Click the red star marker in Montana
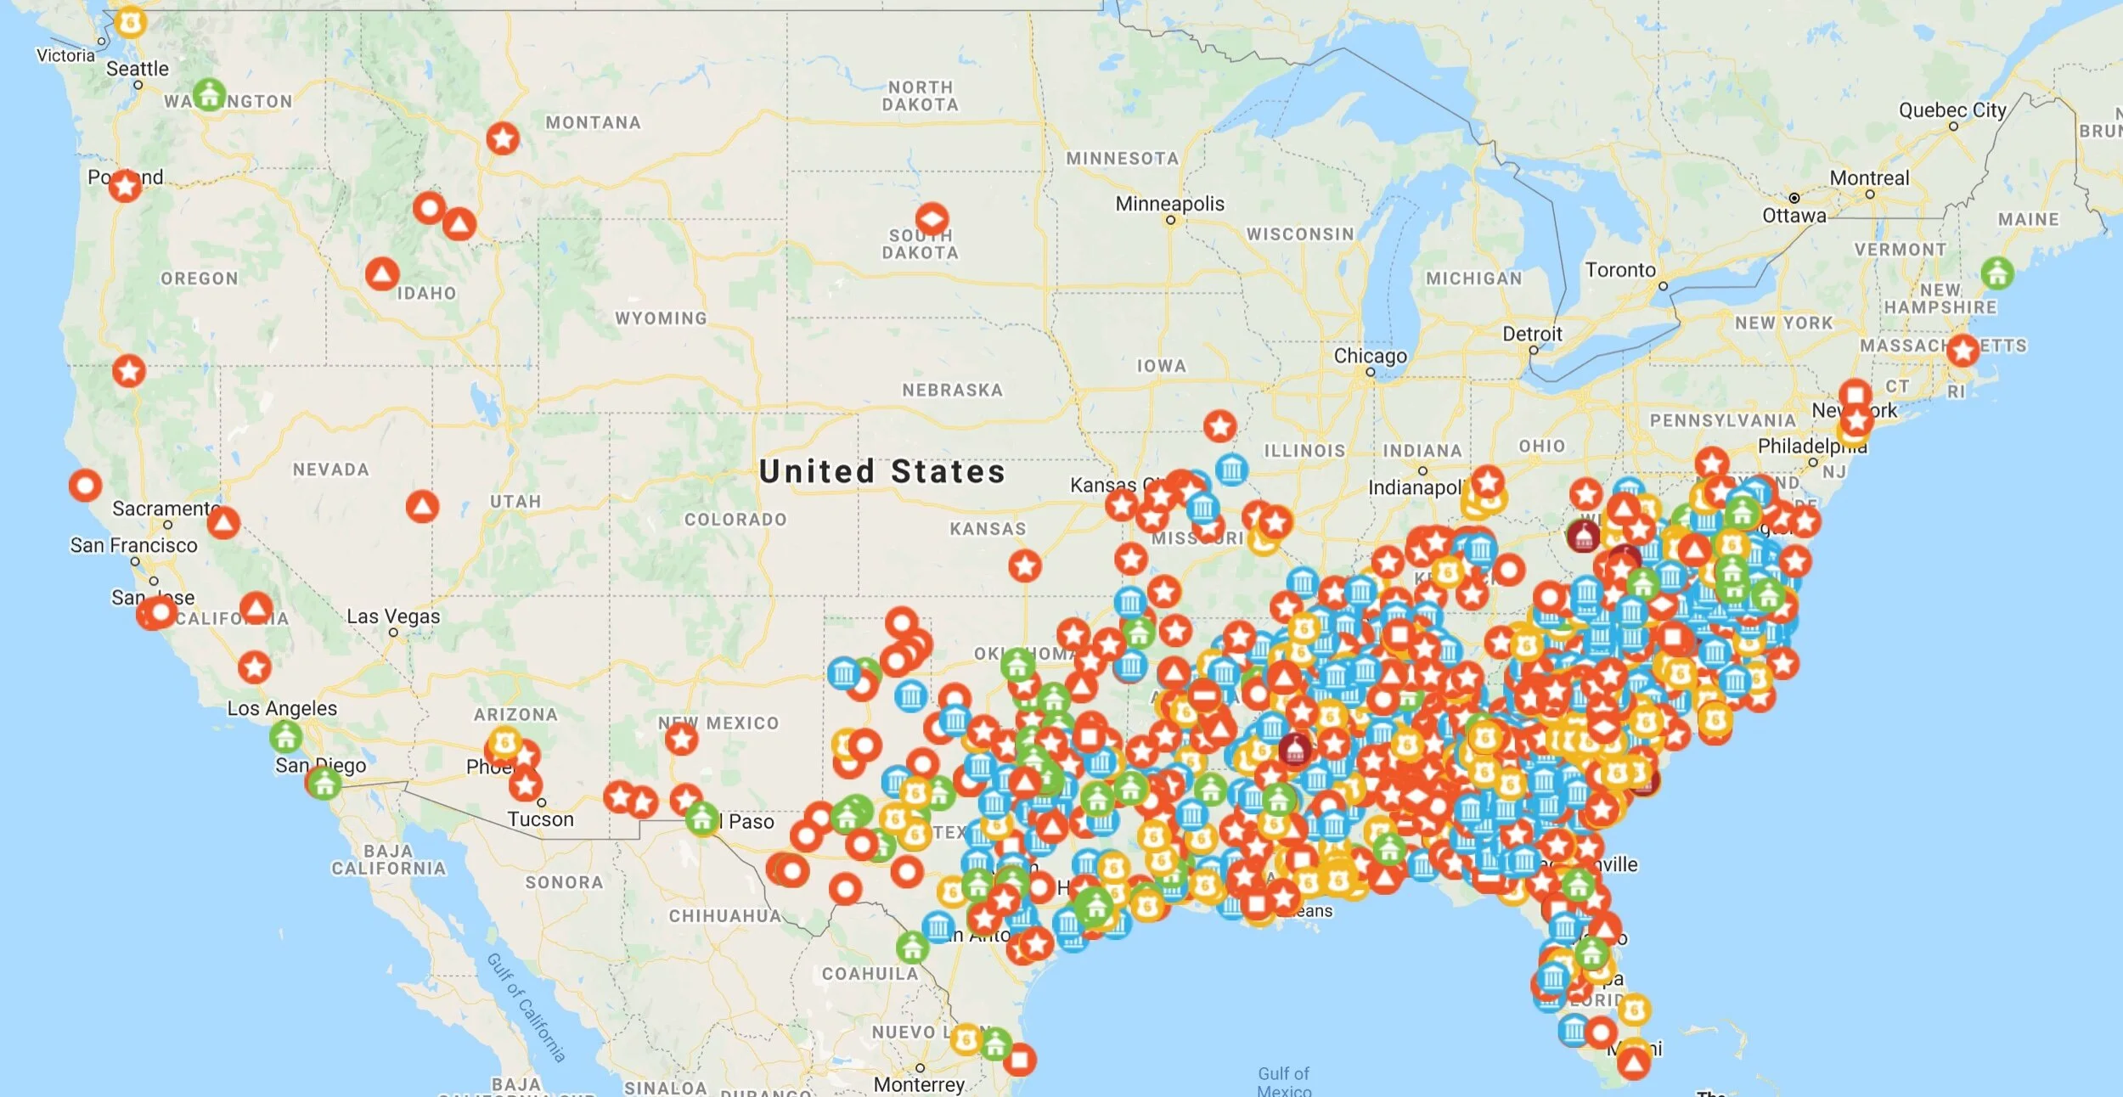click(503, 138)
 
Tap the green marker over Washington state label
click(209, 94)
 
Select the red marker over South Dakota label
click(932, 219)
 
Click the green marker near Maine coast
click(1997, 273)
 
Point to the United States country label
click(881, 472)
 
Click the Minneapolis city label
click(1169, 204)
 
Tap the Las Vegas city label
click(393, 616)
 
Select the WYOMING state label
click(661, 318)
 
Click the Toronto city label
click(1620, 270)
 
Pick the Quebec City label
click(1951, 110)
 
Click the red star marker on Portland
click(126, 184)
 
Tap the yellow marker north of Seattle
click(130, 22)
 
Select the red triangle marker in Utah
click(422, 506)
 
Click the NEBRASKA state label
click(952, 391)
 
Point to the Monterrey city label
click(919, 1084)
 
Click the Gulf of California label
click(526, 1007)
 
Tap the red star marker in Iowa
click(1219, 425)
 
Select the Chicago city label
click(1370, 356)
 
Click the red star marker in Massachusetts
click(1963, 350)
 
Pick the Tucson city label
click(541, 819)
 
